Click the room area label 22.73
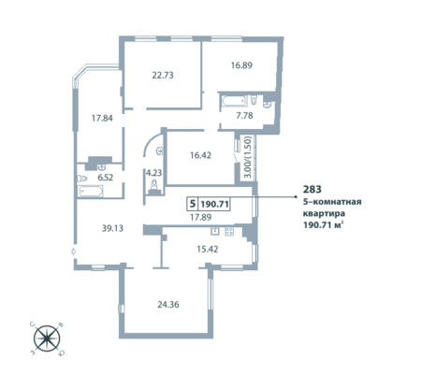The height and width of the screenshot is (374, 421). (163, 76)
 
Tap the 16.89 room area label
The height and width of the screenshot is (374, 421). (241, 65)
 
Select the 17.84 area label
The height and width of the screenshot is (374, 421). (102, 119)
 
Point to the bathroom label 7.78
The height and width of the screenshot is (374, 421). (244, 116)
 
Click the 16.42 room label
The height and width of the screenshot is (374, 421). (201, 155)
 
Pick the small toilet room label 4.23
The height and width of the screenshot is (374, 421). (154, 173)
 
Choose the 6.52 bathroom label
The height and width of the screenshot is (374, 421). (106, 178)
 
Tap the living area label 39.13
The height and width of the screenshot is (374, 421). (112, 228)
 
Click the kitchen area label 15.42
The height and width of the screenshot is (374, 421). (208, 250)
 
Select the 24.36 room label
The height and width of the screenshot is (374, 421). (168, 305)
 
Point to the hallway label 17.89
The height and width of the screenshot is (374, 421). (201, 217)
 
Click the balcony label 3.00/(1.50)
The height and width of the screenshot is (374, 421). (248, 157)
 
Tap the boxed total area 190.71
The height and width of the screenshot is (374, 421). (215, 205)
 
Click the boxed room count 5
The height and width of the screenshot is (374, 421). (193, 204)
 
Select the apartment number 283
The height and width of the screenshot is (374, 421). (312, 189)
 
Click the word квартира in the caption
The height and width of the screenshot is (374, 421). (325, 214)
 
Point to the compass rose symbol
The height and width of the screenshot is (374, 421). (47, 338)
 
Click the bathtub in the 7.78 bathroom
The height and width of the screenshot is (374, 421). (234, 101)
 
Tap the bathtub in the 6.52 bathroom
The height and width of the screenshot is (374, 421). (91, 192)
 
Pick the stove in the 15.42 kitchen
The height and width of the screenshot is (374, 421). (229, 231)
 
